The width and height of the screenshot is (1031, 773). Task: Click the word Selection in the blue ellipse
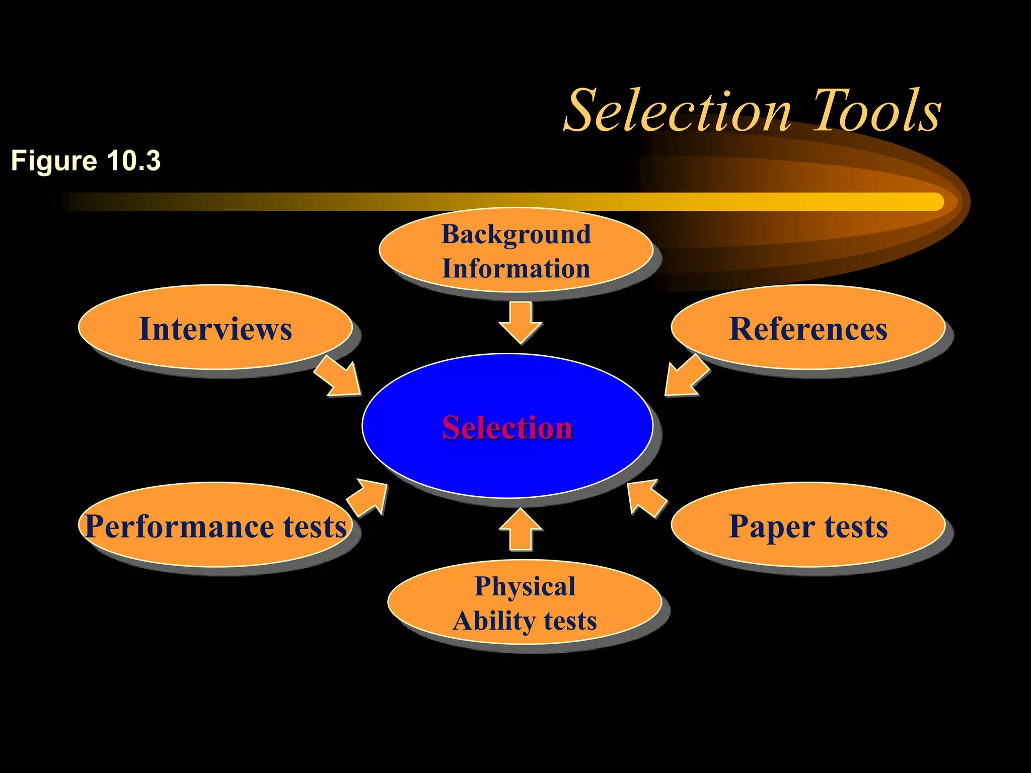[507, 428]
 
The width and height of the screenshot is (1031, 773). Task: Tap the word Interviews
[215, 329]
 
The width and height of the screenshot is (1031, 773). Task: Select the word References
[808, 329]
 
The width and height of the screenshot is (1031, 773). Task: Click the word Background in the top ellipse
[516, 235]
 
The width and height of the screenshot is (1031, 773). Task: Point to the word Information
[516, 269]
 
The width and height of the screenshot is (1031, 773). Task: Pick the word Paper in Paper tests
[771, 527]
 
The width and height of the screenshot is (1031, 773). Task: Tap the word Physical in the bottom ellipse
[525, 587]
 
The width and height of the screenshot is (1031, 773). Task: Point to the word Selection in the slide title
[677, 111]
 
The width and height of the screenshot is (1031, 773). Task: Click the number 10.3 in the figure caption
[133, 161]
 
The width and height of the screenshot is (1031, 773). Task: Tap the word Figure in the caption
[54, 161]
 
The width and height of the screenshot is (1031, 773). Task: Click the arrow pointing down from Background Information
[521, 322]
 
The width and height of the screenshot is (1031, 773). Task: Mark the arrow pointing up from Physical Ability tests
[521, 530]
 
